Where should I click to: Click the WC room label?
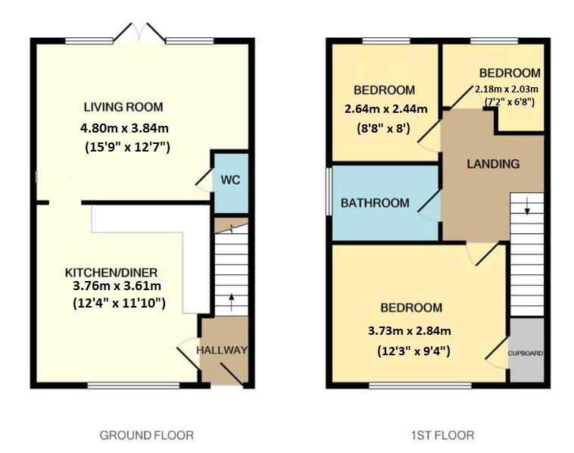coord(230,180)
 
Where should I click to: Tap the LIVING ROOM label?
coord(123,107)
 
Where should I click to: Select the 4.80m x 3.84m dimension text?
coord(124,128)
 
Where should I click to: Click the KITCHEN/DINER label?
coord(111,273)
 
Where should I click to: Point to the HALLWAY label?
coord(222,350)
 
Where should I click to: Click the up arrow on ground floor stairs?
coord(232,301)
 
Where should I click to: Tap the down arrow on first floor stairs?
coord(527,206)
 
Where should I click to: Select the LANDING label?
coord(493,164)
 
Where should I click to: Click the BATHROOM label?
coord(375,203)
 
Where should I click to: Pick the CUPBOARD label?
coord(526,354)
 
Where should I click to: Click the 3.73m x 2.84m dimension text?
coord(409,331)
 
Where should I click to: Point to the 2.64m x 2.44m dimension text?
coord(386,109)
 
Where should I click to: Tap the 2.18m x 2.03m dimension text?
coord(507,89)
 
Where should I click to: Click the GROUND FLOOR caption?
coord(146,436)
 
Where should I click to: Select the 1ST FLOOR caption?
coord(442,436)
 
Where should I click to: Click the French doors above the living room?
coord(139,33)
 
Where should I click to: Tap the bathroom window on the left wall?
coord(329,191)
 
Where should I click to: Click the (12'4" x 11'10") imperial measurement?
coord(119,304)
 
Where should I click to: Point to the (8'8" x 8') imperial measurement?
coord(383,129)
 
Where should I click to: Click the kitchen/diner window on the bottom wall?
coord(133,385)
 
